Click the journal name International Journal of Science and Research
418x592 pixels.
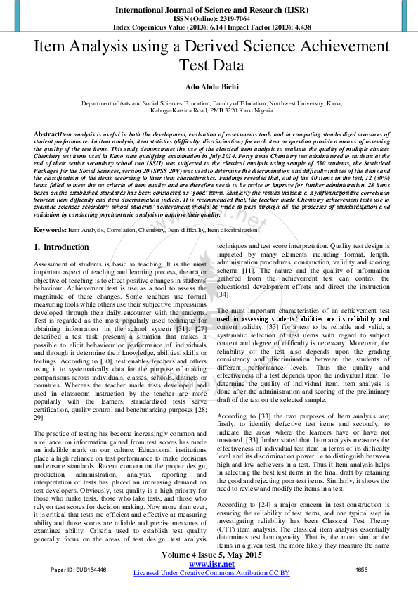pos(209,11)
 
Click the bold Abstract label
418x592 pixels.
pos(46,134)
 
